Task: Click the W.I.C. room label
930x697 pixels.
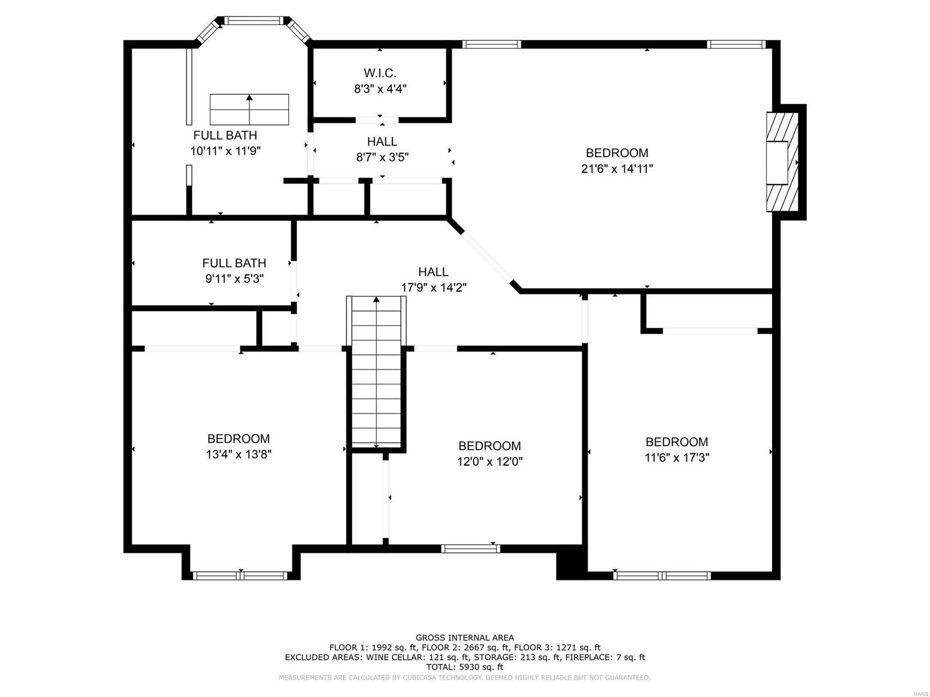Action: coord(380,73)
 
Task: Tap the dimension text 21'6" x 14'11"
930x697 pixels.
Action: coord(617,169)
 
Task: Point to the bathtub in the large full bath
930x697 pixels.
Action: coord(249,109)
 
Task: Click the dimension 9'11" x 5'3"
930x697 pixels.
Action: coord(234,279)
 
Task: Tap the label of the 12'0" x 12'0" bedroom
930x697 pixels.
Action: coord(489,446)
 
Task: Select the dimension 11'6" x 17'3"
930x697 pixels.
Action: coord(677,458)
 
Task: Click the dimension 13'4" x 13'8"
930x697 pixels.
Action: coord(238,455)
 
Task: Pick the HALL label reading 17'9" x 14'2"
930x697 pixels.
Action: coord(434,272)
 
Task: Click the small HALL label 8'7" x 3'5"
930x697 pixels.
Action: coord(382,142)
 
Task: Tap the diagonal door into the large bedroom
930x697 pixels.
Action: coord(487,256)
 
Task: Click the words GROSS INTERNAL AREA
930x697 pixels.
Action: coord(464,638)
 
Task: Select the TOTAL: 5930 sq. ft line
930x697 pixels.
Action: coord(464,667)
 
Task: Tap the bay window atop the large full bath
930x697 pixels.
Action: coord(253,21)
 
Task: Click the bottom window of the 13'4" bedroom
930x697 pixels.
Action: coord(240,576)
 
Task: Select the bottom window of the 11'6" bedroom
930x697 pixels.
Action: coord(662,576)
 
